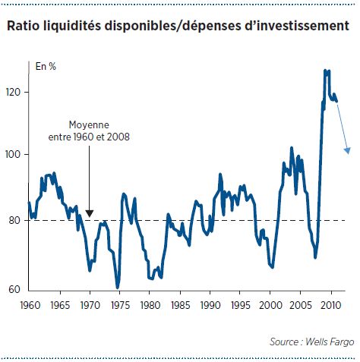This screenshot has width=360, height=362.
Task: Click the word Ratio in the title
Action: (23, 26)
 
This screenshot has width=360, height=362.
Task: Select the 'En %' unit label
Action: (46, 67)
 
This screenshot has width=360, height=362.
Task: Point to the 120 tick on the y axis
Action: (13, 92)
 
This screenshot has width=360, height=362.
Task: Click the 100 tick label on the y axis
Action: (13, 154)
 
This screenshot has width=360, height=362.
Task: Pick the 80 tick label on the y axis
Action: (14, 220)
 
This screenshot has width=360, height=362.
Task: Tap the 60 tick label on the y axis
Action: (14, 289)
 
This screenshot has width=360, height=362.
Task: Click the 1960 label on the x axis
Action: (30, 305)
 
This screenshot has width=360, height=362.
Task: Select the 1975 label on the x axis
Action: (120, 305)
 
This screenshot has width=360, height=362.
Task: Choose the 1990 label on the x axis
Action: (210, 305)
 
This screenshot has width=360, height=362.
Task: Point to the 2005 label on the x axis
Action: (301, 305)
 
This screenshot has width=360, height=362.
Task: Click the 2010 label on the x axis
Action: (331, 305)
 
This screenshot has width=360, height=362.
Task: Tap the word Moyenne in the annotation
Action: (89, 125)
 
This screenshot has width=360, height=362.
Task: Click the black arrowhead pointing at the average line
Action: (89, 213)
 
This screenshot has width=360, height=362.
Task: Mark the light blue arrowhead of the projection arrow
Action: (348, 151)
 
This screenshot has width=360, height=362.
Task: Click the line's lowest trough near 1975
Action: (117, 288)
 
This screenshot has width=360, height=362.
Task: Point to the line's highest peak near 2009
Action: (325, 71)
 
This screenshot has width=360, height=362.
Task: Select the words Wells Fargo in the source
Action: (330, 342)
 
